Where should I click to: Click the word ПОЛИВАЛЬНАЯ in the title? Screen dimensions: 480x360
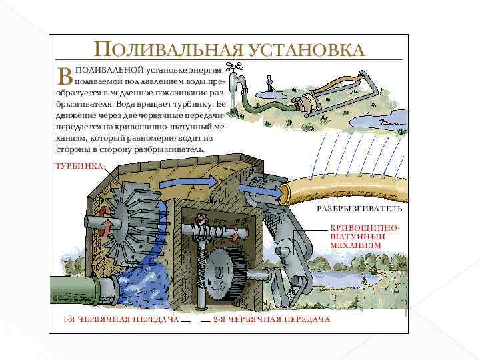169,49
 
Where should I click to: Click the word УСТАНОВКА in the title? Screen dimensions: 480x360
307,49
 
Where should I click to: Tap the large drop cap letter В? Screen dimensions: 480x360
65,76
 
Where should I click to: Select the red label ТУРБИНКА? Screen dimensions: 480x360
79,166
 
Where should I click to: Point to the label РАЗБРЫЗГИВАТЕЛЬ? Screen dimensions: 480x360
359,209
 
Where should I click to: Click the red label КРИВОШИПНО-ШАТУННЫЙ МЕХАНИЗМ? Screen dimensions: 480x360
365,237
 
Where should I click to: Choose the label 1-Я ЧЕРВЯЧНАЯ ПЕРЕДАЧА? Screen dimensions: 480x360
121,319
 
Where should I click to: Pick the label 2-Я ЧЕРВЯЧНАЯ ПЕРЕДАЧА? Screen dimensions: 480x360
271,319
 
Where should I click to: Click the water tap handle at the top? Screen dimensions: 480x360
234,67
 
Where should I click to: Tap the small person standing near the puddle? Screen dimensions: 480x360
269,83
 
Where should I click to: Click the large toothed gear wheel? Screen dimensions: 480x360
226,271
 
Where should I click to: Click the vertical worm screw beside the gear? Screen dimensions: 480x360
201,269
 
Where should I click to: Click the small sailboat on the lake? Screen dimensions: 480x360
364,278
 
